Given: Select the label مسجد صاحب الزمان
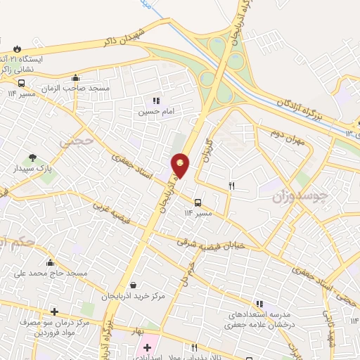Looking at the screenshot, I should click(75, 89).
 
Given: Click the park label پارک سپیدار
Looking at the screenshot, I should click(30, 169).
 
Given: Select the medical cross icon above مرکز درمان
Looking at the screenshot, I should click(54, 311).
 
